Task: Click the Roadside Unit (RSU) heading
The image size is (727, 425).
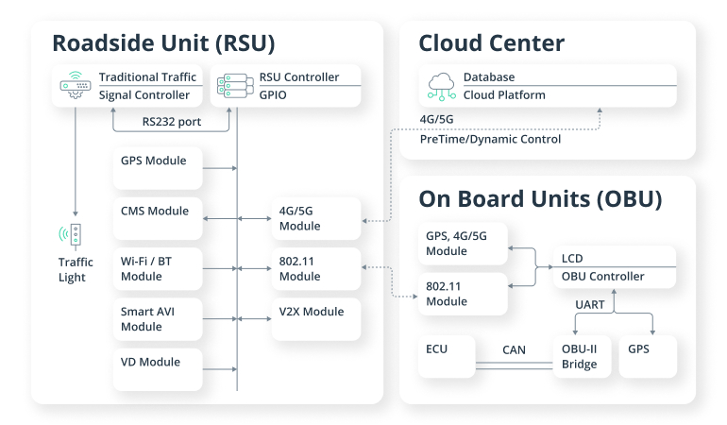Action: tap(162, 43)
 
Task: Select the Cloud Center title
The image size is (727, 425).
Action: tap(491, 43)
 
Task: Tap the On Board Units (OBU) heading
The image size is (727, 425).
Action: tap(540, 199)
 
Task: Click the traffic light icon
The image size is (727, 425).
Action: tap(76, 236)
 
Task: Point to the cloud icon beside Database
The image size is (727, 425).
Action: tap(441, 85)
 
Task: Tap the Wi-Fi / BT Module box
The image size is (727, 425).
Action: tap(157, 269)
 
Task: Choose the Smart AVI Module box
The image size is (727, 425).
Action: tap(157, 319)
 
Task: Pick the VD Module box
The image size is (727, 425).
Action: tap(157, 369)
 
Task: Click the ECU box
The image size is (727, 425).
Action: tap(449, 357)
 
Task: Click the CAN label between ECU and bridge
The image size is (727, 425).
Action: tap(514, 350)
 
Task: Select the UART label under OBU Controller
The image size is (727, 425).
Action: tap(591, 304)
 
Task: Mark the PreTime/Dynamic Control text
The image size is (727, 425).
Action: tap(490, 139)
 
